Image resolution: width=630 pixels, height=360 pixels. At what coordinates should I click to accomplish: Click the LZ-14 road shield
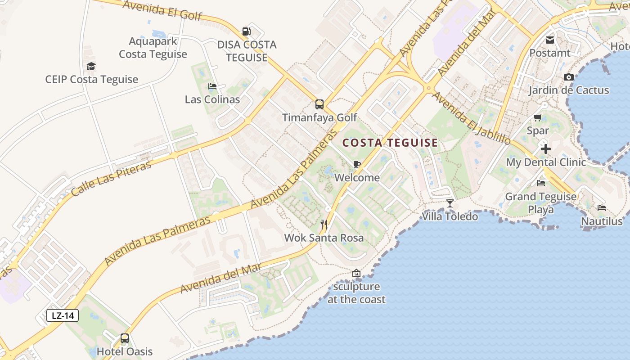[x=63, y=315]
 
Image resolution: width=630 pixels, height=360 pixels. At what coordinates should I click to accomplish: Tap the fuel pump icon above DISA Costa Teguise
[x=246, y=31]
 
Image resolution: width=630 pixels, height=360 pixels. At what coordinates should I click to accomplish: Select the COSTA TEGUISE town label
[x=390, y=143]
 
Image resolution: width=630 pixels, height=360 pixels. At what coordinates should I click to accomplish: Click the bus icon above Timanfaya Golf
[x=319, y=104]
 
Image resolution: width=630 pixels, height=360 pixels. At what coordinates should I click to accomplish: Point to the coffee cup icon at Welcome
[x=357, y=164]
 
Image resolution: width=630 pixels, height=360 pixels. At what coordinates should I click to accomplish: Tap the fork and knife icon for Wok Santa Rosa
[x=324, y=224]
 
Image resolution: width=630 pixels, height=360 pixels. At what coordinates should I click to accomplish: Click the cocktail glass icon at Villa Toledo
[x=450, y=203]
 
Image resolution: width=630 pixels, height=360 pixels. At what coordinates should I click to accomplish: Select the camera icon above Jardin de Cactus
[x=569, y=77]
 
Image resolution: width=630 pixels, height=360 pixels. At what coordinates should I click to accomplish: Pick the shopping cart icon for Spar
[x=538, y=118]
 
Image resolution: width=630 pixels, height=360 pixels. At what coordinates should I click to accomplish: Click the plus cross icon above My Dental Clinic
[x=546, y=148]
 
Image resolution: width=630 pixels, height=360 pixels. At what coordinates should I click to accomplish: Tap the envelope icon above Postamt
[x=550, y=40]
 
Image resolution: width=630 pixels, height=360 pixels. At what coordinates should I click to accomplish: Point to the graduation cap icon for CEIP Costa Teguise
[x=91, y=66]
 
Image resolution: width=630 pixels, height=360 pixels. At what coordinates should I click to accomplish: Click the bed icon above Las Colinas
[x=212, y=86]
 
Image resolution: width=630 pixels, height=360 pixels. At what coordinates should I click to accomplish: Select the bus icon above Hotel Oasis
[x=125, y=338]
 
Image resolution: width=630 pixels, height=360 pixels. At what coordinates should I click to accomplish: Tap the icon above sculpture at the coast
[x=356, y=273]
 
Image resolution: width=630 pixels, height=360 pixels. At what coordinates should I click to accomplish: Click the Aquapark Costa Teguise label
[x=153, y=48]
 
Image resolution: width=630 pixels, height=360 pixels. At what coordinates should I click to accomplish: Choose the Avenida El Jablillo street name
[x=472, y=118]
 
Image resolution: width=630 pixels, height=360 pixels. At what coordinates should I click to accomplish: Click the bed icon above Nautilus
[x=602, y=208]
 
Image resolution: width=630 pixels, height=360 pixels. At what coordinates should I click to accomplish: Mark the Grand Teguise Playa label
[x=540, y=203]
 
